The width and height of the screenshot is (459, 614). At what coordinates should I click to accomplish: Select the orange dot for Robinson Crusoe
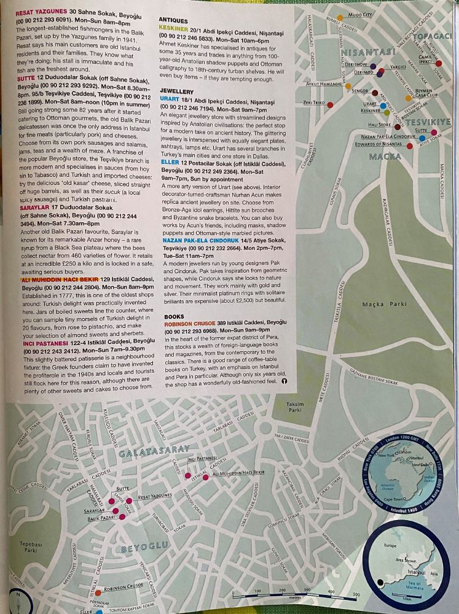tap(98, 588)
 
